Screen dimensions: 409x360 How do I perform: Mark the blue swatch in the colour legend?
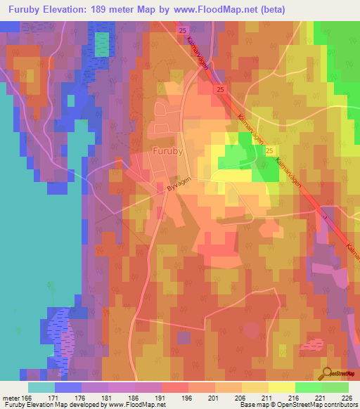click(x=68, y=387)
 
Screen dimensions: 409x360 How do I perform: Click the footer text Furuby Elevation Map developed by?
click(x=49, y=404)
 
